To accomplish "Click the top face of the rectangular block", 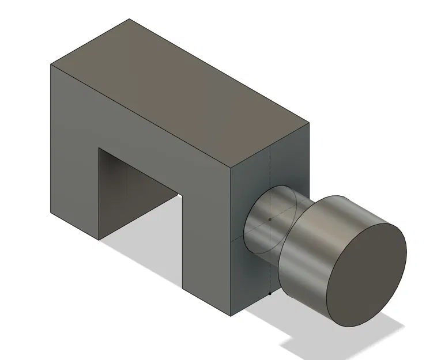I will coord(179,92).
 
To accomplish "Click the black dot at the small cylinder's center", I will coord(270,219).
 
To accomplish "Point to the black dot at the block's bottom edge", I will coord(270,294).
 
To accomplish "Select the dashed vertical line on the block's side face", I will coord(270,173).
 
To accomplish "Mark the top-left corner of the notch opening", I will coord(99,148).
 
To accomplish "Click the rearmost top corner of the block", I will coord(129,19).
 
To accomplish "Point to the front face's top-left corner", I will coord(51,65).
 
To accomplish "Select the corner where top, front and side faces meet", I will coord(230,168).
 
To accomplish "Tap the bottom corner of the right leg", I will coord(230,316).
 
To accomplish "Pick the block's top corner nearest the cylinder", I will coord(309,122).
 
